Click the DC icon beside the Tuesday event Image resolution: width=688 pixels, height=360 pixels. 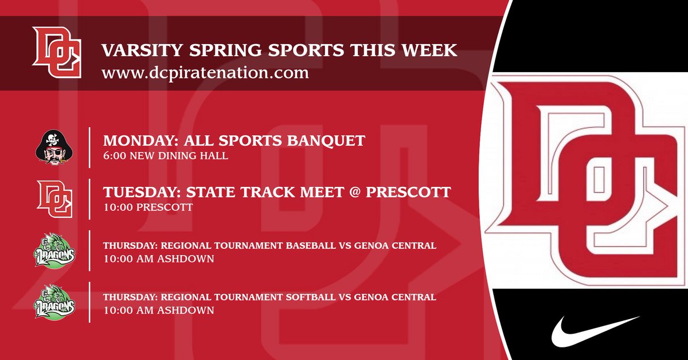(54, 198)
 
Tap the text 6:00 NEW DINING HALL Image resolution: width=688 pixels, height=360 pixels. (166, 156)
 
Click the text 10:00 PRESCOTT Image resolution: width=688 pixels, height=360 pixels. (148, 208)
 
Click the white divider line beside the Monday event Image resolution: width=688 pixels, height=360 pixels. (89, 147)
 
